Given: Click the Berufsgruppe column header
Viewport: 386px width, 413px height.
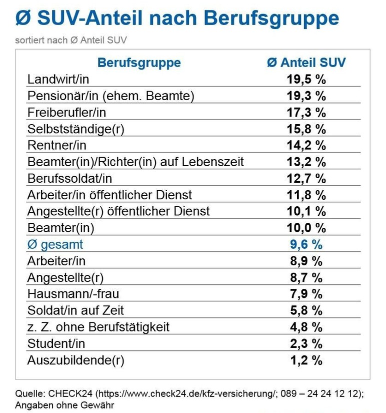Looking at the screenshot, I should click(139, 63).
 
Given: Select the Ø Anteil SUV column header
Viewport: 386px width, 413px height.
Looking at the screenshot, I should click(306, 63).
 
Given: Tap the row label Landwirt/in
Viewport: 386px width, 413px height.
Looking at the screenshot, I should click(58, 79).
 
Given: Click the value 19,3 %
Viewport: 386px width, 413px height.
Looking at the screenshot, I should click(306, 96).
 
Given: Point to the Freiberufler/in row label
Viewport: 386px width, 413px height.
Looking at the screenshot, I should click(66, 112).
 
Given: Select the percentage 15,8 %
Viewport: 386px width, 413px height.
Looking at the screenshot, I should click(306, 129).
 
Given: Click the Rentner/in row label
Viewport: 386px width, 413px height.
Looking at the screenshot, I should click(56, 145).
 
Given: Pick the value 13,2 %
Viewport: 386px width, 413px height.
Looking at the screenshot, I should click(306, 162).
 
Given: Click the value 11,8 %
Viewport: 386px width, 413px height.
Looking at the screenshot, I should click(306, 195).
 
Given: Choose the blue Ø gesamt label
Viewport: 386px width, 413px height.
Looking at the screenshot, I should click(55, 244).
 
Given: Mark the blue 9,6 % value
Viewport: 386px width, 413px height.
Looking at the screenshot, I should click(306, 244).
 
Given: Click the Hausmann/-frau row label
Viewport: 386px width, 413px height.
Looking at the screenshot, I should click(73, 294).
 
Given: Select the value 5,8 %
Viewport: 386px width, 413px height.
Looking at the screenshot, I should click(306, 310).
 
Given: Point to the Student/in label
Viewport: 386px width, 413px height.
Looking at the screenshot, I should click(56, 343).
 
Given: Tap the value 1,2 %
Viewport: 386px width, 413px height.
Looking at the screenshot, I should click(306, 360).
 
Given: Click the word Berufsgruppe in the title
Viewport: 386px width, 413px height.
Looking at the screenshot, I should click(271, 19).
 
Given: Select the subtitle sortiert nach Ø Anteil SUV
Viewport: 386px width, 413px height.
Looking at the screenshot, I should click(74, 40).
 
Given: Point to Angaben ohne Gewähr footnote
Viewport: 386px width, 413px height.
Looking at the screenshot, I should click(64, 405).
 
